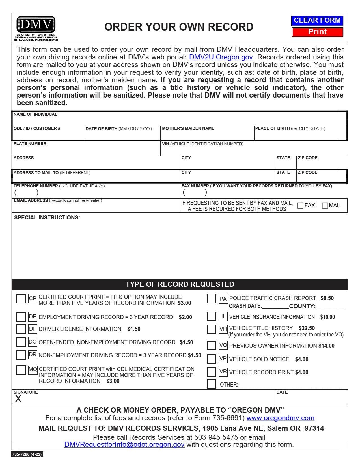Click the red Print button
click(x=317, y=32)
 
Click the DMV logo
click(x=36, y=25)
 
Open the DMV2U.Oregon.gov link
click(x=221, y=57)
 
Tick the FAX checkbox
click(x=300, y=206)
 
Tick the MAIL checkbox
click(x=325, y=206)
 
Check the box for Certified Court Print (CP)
click(x=21, y=299)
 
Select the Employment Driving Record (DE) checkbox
click(x=21, y=317)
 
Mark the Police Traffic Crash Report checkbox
click(x=211, y=299)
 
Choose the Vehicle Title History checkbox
click(x=211, y=329)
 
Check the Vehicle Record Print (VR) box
click(x=211, y=372)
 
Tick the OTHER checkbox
click(x=211, y=384)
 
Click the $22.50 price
click(x=307, y=328)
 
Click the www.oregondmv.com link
click(x=280, y=418)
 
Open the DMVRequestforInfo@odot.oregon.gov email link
click(x=124, y=444)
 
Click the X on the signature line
click(x=18, y=399)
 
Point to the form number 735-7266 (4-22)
click(x=27, y=454)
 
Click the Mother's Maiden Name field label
click(x=188, y=128)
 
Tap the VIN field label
click(x=202, y=144)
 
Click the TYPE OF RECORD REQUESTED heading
click(x=180, y=284)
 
